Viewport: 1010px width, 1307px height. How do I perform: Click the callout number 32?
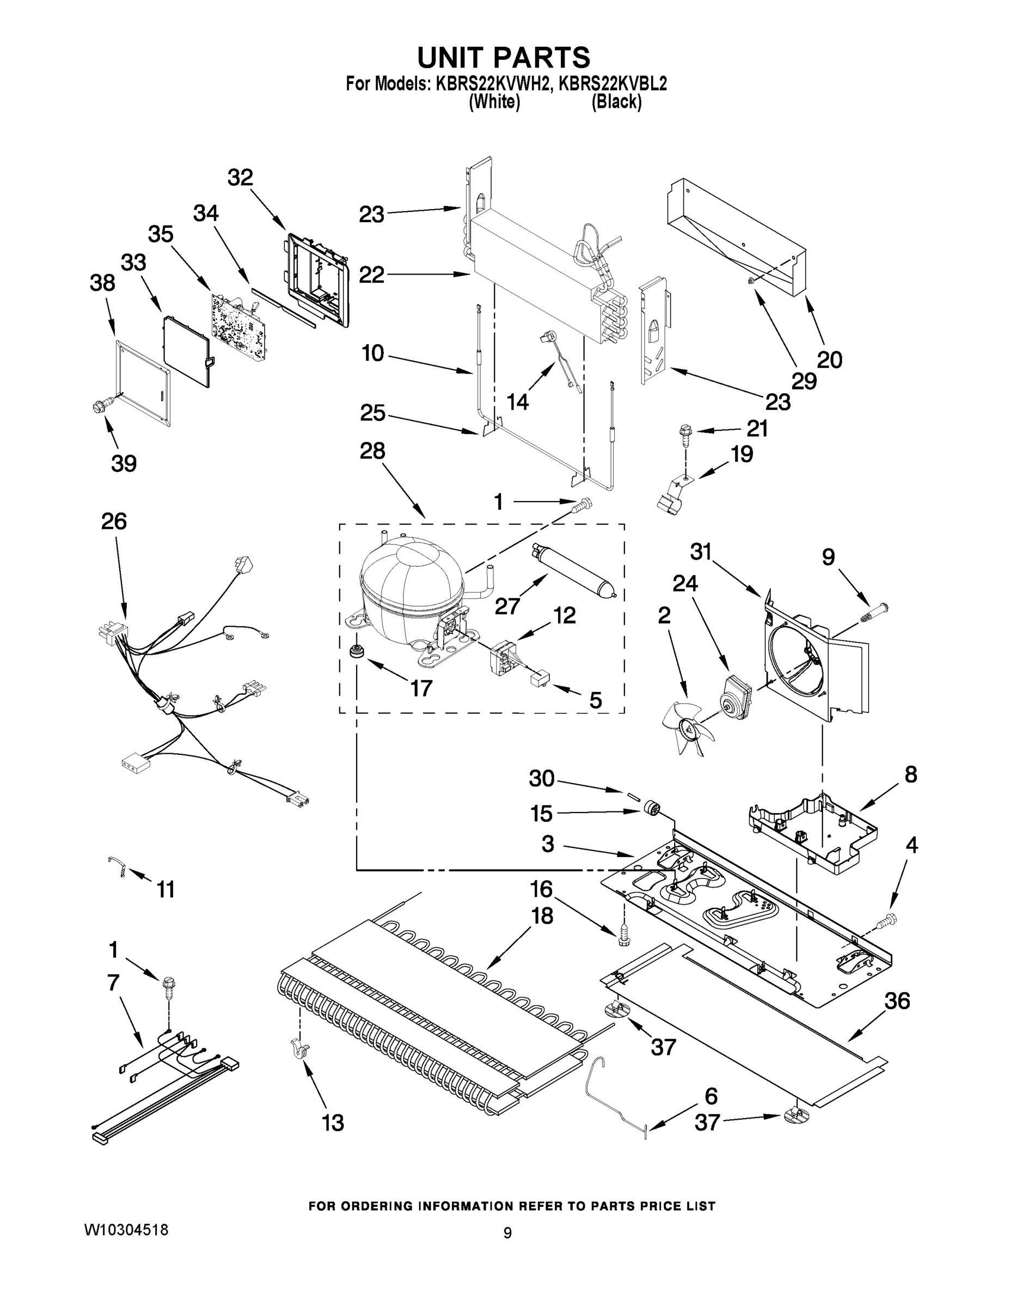point(240,177)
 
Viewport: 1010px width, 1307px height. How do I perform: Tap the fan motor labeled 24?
point(733,697)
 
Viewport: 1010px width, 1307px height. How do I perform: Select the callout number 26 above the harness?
point(114,521)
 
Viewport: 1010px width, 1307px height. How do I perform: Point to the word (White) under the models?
point(494,102)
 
